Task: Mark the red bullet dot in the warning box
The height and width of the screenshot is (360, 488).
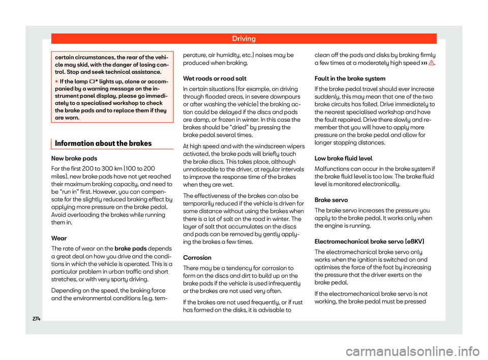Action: point(56,81)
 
